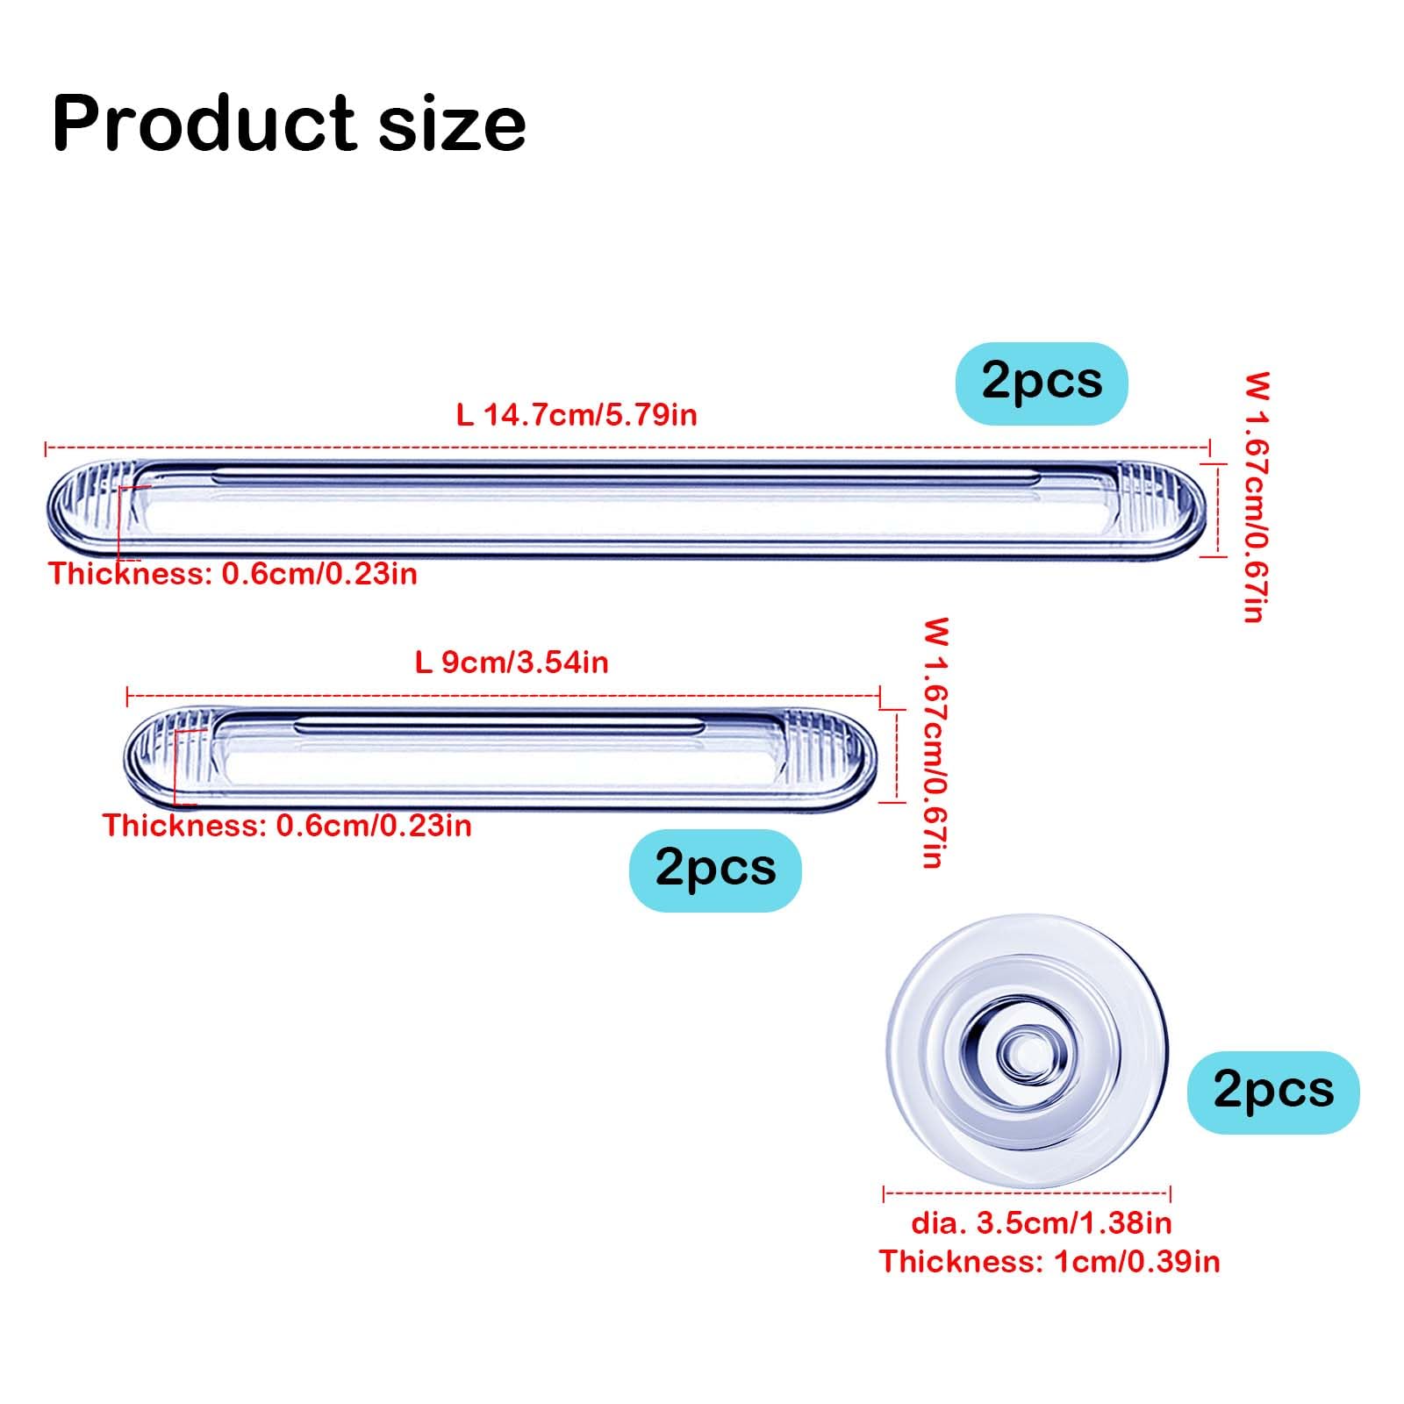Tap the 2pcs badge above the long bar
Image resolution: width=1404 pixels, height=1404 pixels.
click(1041, 383)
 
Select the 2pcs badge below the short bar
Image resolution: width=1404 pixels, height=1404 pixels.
click(715, 870)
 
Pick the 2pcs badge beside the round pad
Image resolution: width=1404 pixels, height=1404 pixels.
click(1272, 1092)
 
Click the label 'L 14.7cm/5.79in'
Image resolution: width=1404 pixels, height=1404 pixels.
click(577, 414)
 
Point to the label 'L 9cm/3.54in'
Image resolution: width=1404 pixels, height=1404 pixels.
click(512, 663)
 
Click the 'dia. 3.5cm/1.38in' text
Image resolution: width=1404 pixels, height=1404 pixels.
click(1041, 1222)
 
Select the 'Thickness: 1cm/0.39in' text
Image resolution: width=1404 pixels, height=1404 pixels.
click(1049, 1262)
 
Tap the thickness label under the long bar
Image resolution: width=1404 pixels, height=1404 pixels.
click(233, 574)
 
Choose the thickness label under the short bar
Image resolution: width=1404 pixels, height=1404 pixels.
click(288, 826)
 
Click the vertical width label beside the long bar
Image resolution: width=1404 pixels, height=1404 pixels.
click(1257, 498)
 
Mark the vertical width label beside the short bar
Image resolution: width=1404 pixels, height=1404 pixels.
click(936, 743)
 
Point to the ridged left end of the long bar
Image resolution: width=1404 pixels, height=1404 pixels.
click(88, 505)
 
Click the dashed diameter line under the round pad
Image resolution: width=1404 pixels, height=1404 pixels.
click(1027, 1193)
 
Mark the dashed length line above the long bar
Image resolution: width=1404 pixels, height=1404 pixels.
click(627, 448)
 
